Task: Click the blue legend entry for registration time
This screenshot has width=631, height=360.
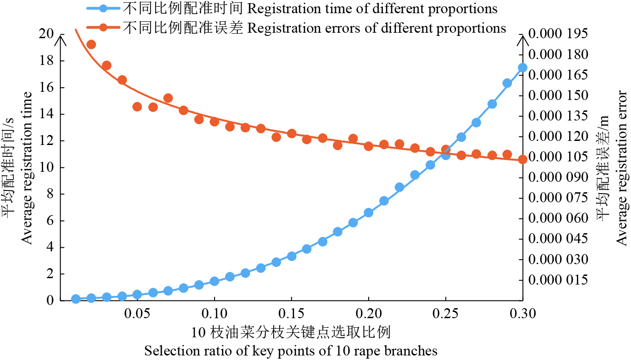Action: point(291,8)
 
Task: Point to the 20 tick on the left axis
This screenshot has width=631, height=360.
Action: point(47,34)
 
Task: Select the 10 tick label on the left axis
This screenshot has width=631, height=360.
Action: point(47,168)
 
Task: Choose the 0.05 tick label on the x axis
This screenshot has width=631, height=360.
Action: point(137,314)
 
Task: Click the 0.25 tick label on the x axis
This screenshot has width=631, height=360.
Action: point(446,314)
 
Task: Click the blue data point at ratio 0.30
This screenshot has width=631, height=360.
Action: point(522,68)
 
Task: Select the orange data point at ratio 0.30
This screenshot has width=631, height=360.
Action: point(522,159)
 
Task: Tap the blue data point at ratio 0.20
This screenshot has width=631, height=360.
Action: point(369,212)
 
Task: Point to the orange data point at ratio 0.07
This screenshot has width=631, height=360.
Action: point(168,98)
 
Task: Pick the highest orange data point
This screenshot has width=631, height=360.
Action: point(91,44)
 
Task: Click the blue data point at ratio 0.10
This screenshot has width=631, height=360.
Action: point(215,281)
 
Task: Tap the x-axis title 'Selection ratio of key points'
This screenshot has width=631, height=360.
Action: point(291,351)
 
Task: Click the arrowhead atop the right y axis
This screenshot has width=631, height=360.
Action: point(523,40)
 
